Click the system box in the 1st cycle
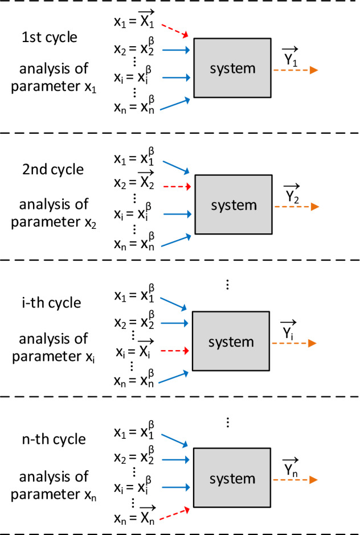(x=232, y=68)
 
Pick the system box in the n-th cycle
(x=232, y=476)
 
